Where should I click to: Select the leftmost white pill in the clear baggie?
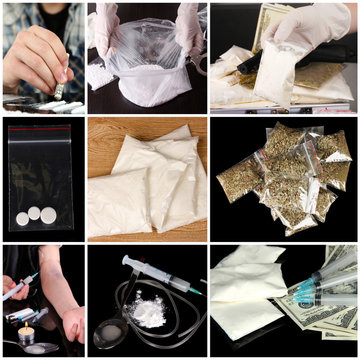coord(22,218)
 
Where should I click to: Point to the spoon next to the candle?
coord(40,348)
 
